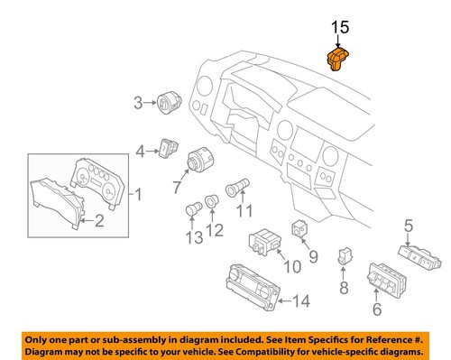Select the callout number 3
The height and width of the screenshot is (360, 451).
[x=138, y=103]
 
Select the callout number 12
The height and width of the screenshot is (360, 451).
[x=216, y=231]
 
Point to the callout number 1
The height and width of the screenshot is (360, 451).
[x=139, y=194]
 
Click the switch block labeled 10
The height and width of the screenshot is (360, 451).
[x=267, y=242]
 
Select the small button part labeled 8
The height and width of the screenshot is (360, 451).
[x=344, y=256]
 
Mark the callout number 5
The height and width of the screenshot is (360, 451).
[x=408, y=226]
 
